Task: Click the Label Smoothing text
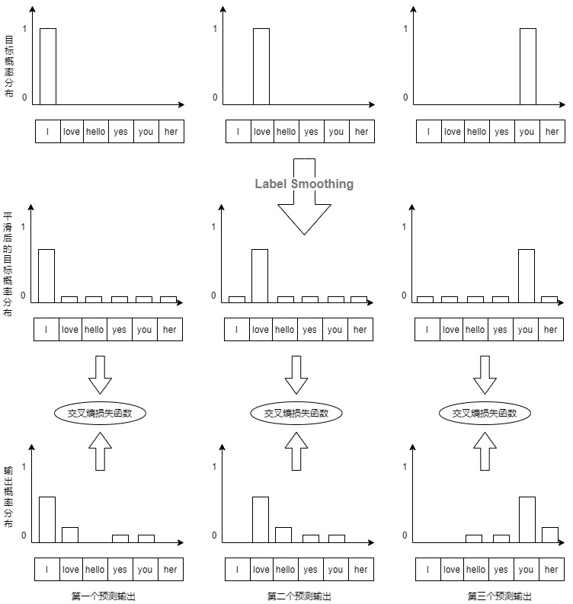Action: point(304,184)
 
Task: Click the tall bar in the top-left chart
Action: point(48,66)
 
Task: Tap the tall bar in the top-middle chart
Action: point(261,66)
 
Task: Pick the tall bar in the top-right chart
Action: point(528,66)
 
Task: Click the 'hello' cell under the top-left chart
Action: point(95,131)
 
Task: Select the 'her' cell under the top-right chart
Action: point(552,131)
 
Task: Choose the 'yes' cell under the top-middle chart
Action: point(312,131)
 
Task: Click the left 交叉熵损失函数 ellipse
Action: point(100,413)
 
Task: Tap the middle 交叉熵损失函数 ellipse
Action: point(296,413)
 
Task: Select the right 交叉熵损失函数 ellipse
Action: point(485,413)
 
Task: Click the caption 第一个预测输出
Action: point(104,596)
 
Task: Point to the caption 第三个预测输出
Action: point(499,596)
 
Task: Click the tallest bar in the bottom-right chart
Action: point(527,519)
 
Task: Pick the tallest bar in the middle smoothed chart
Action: point(260,276)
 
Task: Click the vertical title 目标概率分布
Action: point(9,66)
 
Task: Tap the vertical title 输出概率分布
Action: point(8,497)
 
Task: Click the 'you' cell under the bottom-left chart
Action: point(146,569)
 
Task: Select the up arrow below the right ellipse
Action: point(485,451)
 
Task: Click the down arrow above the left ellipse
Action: point(100,375)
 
